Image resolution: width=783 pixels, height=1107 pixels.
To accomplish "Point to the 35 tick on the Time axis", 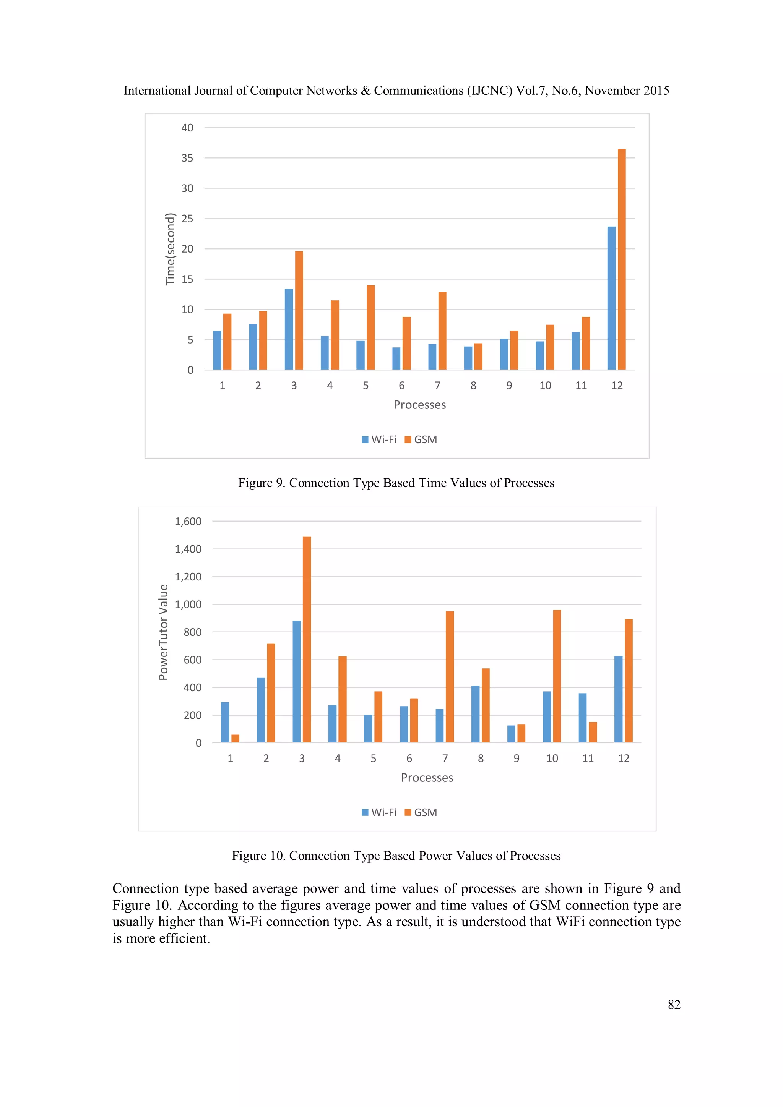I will click(187, 158).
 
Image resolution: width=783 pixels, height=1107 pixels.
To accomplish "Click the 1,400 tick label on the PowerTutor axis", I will click(188, 549).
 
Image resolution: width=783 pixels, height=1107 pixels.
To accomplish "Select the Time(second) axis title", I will click(170, 249).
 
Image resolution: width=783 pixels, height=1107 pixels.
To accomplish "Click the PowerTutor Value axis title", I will click(163, 632).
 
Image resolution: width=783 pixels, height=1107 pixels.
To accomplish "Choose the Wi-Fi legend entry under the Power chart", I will click(379, 812).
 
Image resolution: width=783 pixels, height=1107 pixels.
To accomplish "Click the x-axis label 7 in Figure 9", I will click(437, 386).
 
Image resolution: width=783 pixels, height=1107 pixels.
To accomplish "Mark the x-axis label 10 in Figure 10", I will click(552, 759).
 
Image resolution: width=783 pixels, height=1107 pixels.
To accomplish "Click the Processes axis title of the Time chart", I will click(419, 405).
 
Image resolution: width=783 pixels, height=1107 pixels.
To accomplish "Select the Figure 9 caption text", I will click(396, 483).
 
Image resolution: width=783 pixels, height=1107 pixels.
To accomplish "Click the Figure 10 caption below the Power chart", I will click(396, 856).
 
